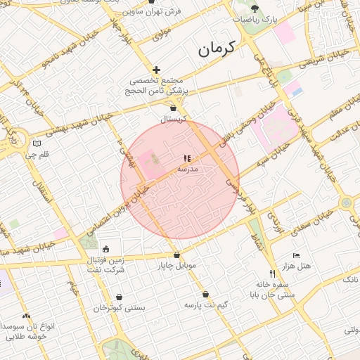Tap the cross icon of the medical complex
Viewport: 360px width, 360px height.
156,70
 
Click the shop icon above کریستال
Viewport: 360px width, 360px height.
173,108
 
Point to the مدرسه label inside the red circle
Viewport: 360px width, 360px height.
188,169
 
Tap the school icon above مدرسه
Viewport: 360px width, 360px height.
187,159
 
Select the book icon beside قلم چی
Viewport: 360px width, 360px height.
37,143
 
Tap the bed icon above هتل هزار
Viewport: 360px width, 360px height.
295,255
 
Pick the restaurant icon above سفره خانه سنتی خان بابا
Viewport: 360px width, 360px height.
272,273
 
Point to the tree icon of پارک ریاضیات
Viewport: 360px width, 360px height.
255,9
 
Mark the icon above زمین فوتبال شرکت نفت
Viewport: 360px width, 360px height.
105,248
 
